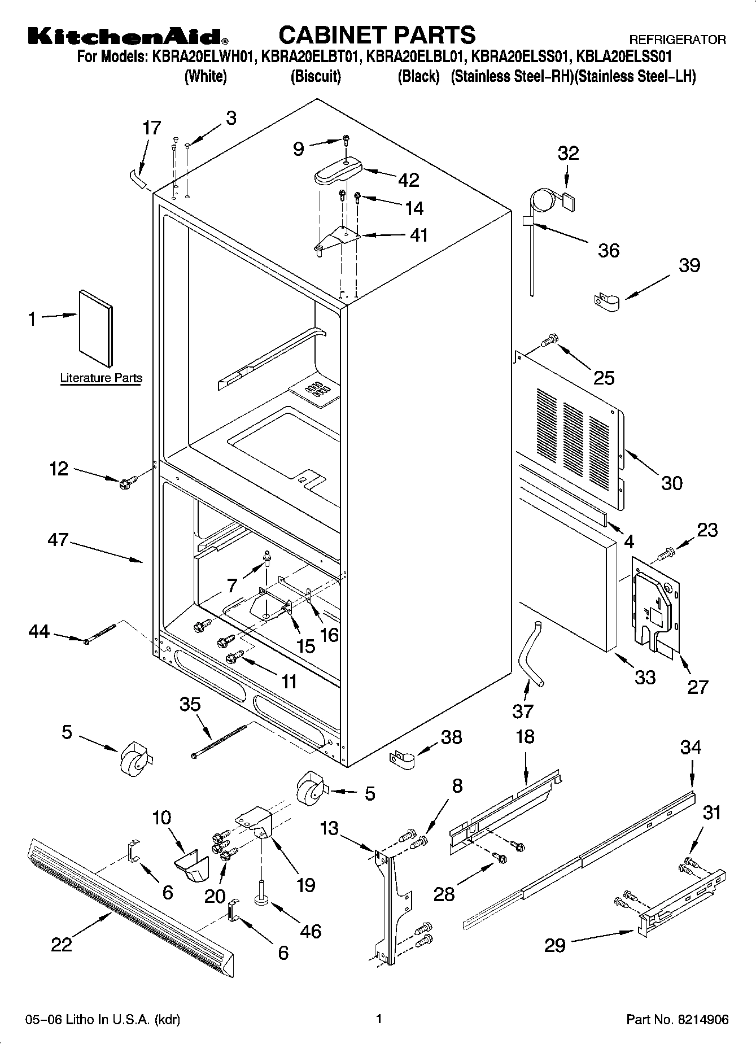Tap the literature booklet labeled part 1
[x=95, y=328]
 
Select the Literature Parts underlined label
[x=101, y=378]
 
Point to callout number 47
[x=58, y=540]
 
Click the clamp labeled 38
[x=402, y=759]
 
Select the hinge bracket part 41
[x=338, y=239]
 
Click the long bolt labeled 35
[x=220, y=741]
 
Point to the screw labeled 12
[x=125, y=483]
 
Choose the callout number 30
[x=672, y=483]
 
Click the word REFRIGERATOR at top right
[x=677, y=40]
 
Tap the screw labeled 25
[x=549, y=340]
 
